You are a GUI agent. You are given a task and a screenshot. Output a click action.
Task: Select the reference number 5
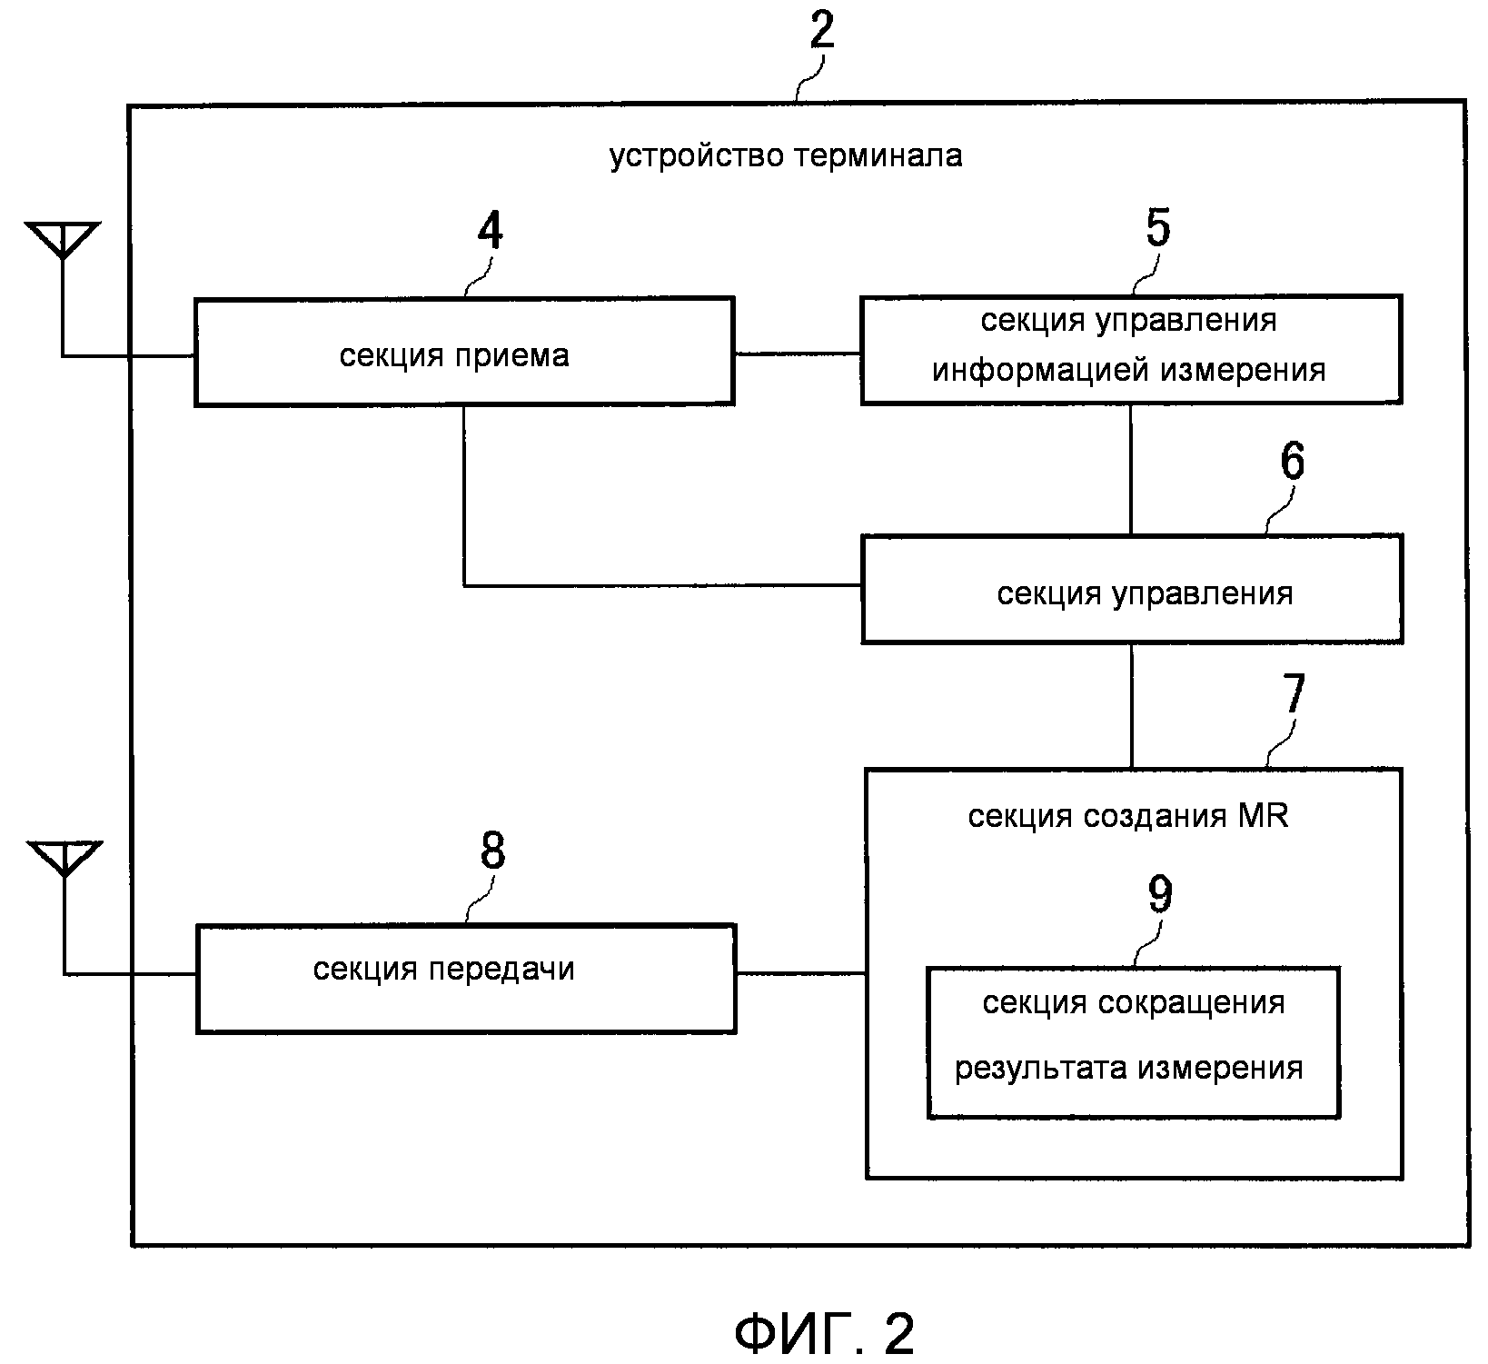[x=1157, y=227]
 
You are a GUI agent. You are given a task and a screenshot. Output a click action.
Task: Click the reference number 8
[x=491, y=852]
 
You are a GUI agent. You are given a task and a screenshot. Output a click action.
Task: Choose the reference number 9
[x=1160, y=895]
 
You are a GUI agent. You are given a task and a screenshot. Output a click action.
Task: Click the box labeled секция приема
[x=464, y=351]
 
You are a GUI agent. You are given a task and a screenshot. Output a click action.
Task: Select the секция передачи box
[x=466, y=979]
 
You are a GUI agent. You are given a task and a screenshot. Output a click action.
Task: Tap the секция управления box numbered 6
[x=1132, y=589]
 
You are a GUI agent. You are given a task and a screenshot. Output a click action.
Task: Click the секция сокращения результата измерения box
[x=1133, y=1042]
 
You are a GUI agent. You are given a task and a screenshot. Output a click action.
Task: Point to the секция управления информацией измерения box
[x=1131, y=349]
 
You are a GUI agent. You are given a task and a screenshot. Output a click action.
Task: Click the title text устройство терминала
[x=786, y=156]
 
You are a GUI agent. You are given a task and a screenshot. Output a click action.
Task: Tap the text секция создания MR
[x=1127, y=816]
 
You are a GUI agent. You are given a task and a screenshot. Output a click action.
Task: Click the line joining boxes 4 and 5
[x=797, y=353]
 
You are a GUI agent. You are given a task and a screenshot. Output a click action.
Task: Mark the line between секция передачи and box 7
[x=800, y=974]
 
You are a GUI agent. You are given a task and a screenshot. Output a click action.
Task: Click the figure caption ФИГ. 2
[x=823, y=1333]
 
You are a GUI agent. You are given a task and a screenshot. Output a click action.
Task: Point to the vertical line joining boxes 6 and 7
[x=1132, y=706]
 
